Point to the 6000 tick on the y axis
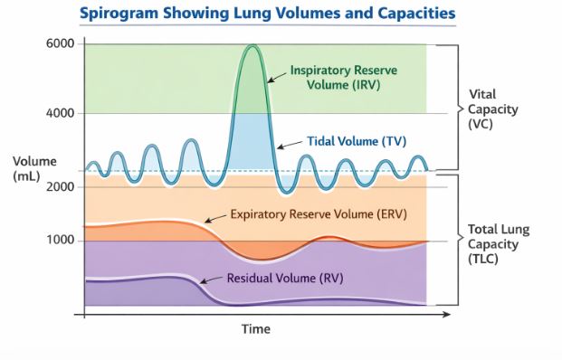60,44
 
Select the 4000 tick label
60,113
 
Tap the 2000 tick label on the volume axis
60,185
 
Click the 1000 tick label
60,241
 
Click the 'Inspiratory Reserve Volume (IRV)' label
343,78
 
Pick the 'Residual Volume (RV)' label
283,277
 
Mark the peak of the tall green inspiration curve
252,46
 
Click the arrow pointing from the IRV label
275,77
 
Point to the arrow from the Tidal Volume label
290,144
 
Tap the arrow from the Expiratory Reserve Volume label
215,218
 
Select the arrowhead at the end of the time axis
445,316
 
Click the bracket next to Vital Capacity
450,107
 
